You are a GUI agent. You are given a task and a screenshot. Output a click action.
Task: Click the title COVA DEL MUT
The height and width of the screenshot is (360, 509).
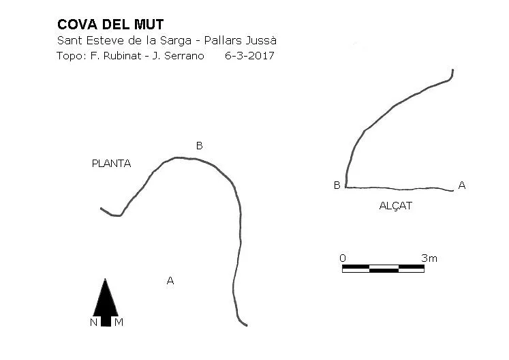tap(110, 25)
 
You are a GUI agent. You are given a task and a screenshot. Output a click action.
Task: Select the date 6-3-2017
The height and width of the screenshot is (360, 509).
tap(249, 56)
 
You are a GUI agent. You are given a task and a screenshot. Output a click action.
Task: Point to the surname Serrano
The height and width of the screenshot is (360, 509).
tap(184, 56)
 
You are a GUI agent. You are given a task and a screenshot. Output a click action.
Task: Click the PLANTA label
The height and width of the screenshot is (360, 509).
tap(111, 164)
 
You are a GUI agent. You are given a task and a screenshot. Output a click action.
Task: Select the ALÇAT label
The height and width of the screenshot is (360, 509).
tap(396, 206)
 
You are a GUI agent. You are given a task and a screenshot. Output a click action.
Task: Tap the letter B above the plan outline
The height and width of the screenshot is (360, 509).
tap(200, 146)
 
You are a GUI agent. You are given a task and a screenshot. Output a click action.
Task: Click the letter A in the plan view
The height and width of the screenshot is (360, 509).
tap(170, 280)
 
